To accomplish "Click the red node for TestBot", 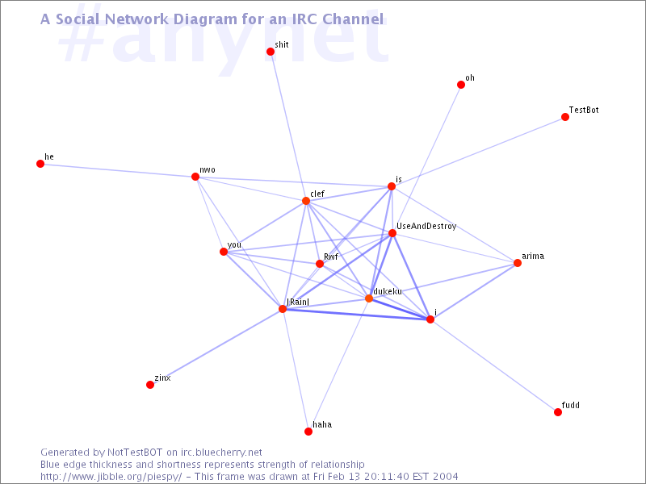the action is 565,117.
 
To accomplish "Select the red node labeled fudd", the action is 558,412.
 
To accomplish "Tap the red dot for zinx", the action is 150,385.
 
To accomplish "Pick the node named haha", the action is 308,432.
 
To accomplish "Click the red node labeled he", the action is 40,164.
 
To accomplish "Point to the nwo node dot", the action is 195,177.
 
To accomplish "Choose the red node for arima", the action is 518,263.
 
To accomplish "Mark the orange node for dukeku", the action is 369,298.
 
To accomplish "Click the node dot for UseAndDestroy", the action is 392,233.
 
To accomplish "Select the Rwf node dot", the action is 320,264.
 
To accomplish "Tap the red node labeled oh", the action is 461,85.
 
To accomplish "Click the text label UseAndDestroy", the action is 426,227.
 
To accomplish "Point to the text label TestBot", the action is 584,110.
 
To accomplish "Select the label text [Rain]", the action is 298,302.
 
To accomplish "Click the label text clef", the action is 317,194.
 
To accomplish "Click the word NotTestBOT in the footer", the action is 135,453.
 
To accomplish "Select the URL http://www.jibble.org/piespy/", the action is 111,477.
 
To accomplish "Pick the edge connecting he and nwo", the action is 118,170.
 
